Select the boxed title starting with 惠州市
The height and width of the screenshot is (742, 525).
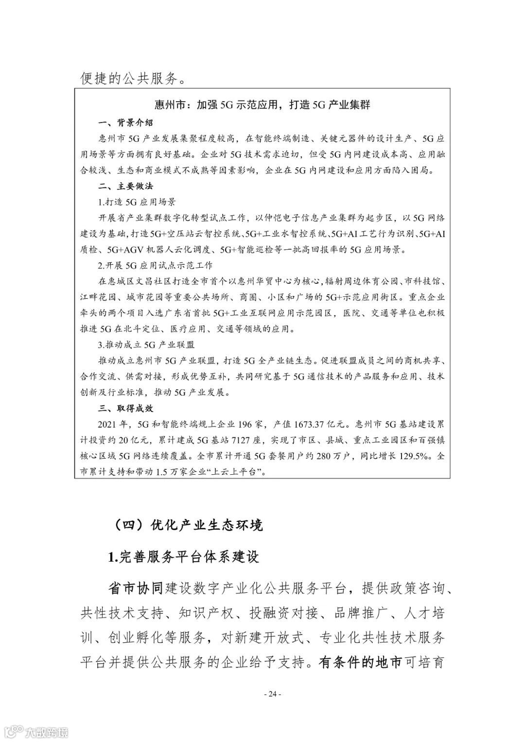(x=262, y=104)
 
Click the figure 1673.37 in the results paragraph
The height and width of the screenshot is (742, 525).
(x=309, y=424)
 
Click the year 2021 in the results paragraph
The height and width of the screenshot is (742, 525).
(x=108, y=424)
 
